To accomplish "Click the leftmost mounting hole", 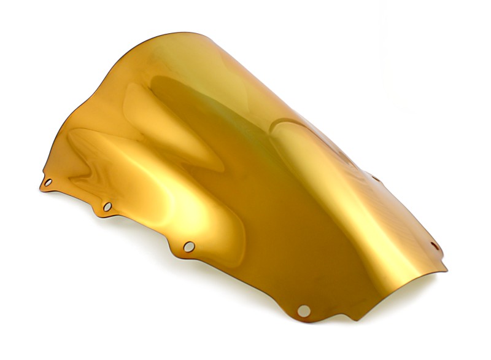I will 48,182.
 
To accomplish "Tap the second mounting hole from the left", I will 107,206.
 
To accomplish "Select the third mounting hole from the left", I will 189,246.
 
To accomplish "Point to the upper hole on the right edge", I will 375,179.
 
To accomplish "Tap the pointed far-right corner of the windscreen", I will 446,269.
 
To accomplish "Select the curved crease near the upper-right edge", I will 295,123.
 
